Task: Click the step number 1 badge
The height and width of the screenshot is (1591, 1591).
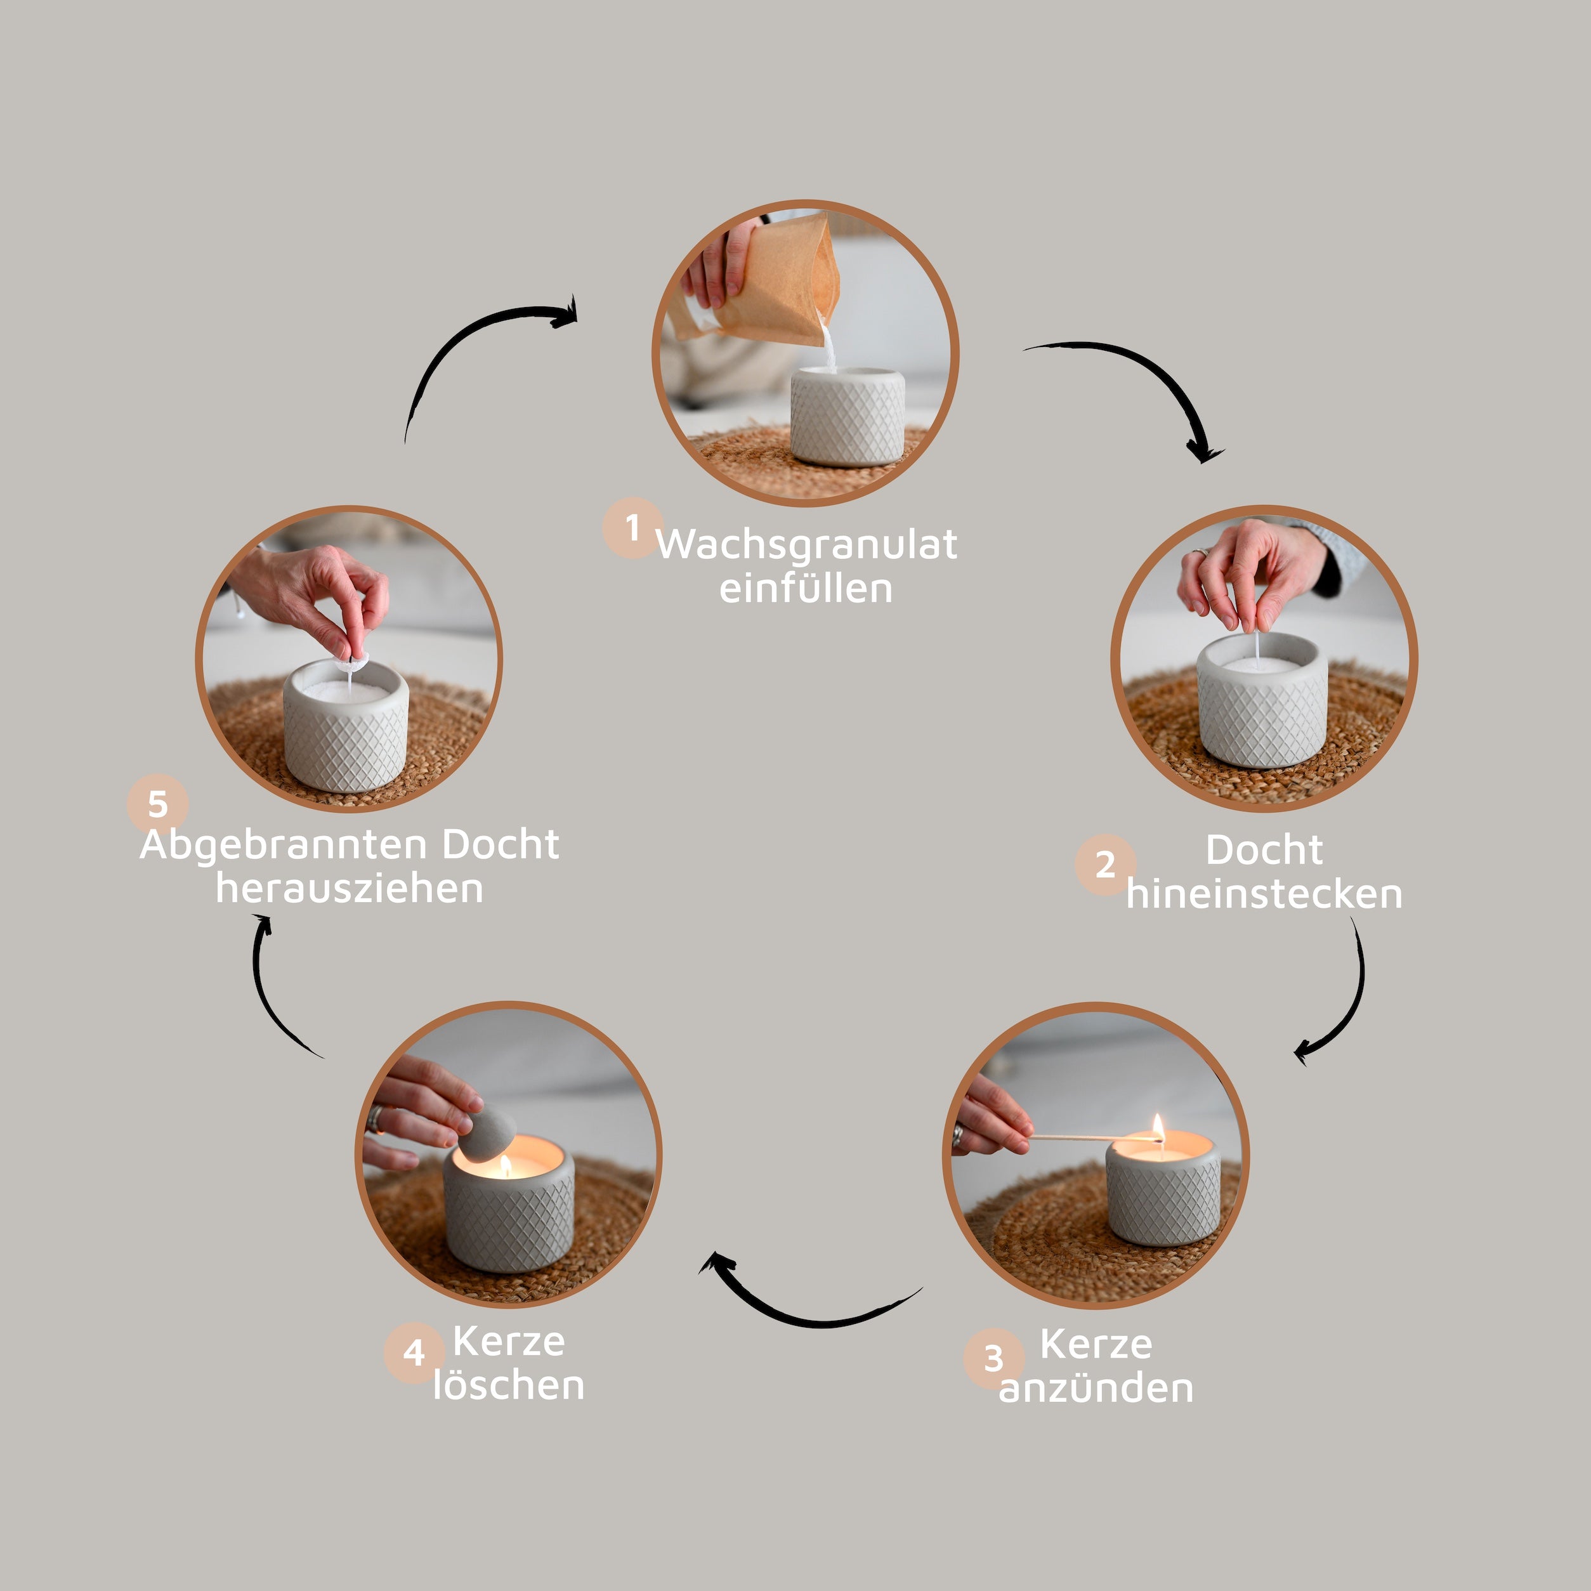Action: point(632,528)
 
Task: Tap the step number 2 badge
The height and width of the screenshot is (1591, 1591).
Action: point(1105,865)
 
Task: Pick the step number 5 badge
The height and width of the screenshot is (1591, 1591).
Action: point(158,804)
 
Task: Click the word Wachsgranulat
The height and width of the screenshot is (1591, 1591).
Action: point(806,544)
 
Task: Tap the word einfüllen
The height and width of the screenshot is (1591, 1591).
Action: point(806,588)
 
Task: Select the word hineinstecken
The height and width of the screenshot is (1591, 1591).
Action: point(1264,894)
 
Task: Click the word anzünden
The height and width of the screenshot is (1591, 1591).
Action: point(1096,1387)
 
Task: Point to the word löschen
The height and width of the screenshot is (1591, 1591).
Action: point(509,1385)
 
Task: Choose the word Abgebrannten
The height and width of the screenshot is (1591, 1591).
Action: point(285,846)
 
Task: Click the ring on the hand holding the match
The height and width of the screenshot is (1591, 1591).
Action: point(958,1137)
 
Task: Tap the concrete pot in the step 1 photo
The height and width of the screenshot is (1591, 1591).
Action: point(848,416)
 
